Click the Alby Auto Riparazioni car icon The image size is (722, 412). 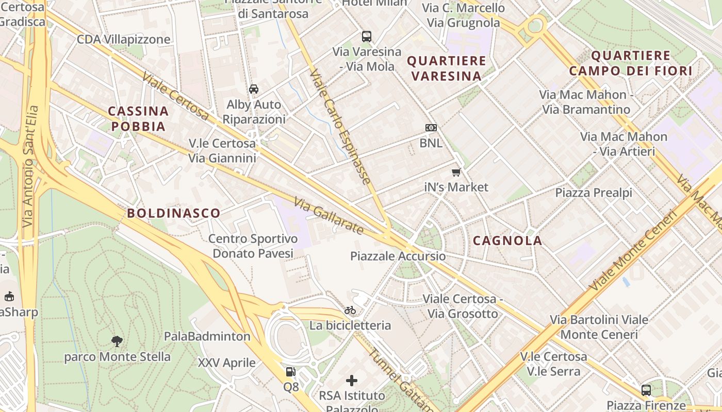(254, 89)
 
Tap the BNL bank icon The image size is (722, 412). (431, 127)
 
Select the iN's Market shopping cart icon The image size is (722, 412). (456, 172)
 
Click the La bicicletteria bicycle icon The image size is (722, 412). (350, 310)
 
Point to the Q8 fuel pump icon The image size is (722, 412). (291, 372)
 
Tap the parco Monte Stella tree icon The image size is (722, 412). (117, 340)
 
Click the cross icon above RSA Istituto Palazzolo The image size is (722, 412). (352, 381)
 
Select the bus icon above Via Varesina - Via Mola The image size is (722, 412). (367, 36)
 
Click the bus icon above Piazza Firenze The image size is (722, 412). (646, 390)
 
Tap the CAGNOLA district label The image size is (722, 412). (507, 241)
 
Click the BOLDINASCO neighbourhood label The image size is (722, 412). (174, 213)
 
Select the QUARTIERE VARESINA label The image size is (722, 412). (447, 68)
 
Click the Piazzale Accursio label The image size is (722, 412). (398, 256)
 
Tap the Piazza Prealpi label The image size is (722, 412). (594, 193)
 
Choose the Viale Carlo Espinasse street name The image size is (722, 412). (340, 127)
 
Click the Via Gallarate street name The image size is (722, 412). (329, 216)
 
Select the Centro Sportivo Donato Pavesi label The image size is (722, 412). (253, 246)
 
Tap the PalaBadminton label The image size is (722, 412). (207, 336)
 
